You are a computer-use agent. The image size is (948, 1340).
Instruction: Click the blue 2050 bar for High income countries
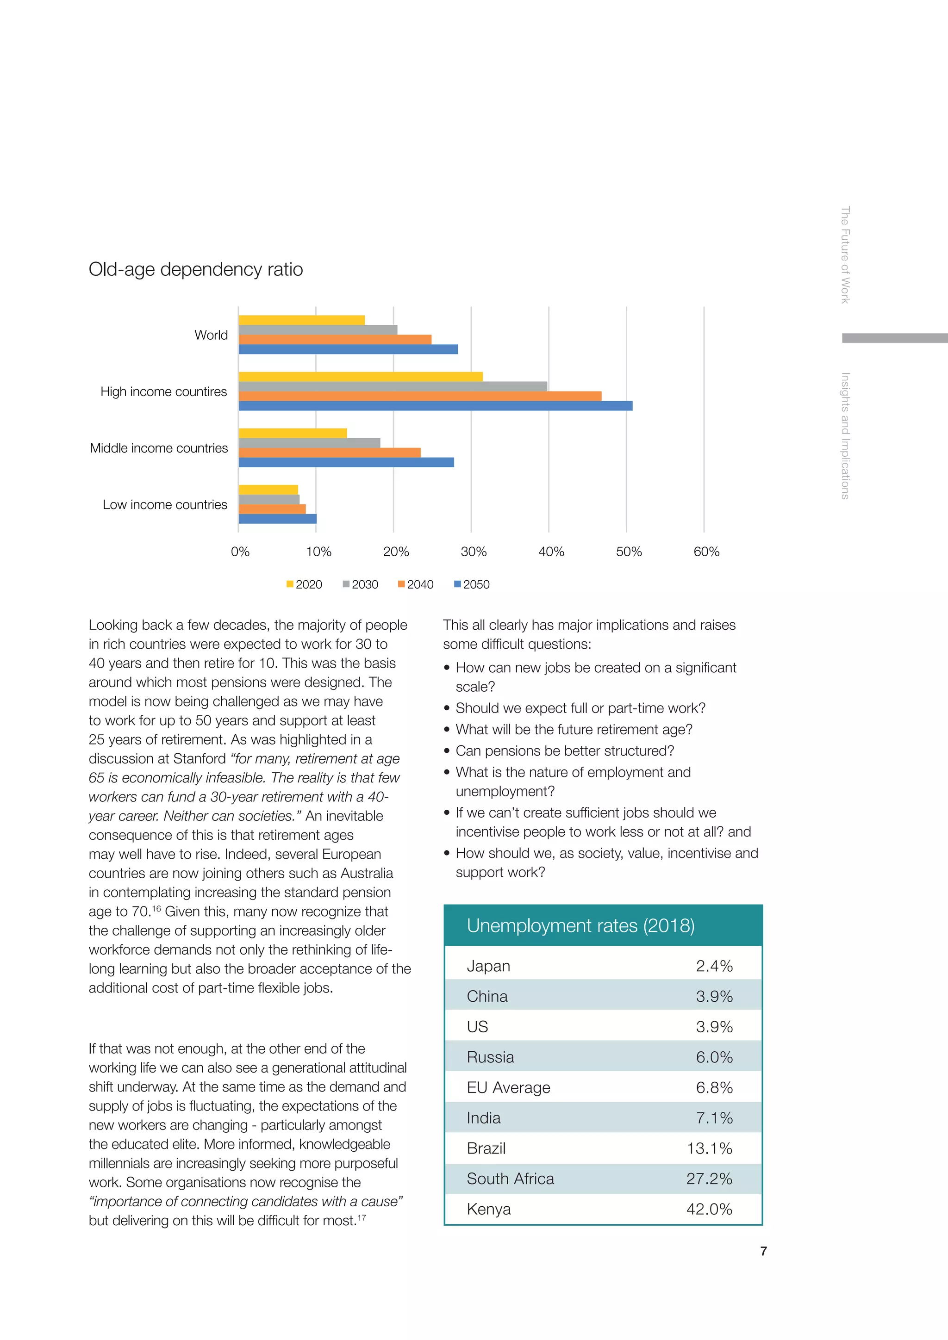pos(436,406)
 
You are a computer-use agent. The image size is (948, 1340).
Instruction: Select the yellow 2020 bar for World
pos(301,320)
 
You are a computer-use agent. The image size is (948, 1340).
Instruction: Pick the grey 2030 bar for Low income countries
pos(269,500)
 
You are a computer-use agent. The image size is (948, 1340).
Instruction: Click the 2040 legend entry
pos(416,584)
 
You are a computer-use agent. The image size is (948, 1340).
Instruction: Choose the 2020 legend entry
pos(304,584)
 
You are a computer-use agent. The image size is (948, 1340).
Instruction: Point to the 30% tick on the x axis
pos(474,552)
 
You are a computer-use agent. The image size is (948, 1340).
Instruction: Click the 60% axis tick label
pos(706,552)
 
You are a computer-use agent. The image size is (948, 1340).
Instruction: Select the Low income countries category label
pos(165,504)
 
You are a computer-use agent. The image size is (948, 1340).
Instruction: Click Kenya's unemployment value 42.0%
pos(709,1209)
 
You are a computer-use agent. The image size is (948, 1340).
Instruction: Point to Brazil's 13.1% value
pos(709,1148)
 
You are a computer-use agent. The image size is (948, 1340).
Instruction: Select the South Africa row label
pos(510,1179)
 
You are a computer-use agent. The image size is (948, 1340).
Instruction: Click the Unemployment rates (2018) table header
pos(580,925)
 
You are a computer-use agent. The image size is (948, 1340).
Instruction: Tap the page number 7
pos(763,1251)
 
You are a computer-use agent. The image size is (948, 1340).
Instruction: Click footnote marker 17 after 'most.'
pos(362,1217)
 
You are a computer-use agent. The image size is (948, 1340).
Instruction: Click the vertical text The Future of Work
pos(845,254)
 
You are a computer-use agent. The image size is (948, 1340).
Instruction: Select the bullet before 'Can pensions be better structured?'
pos(447,751)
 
